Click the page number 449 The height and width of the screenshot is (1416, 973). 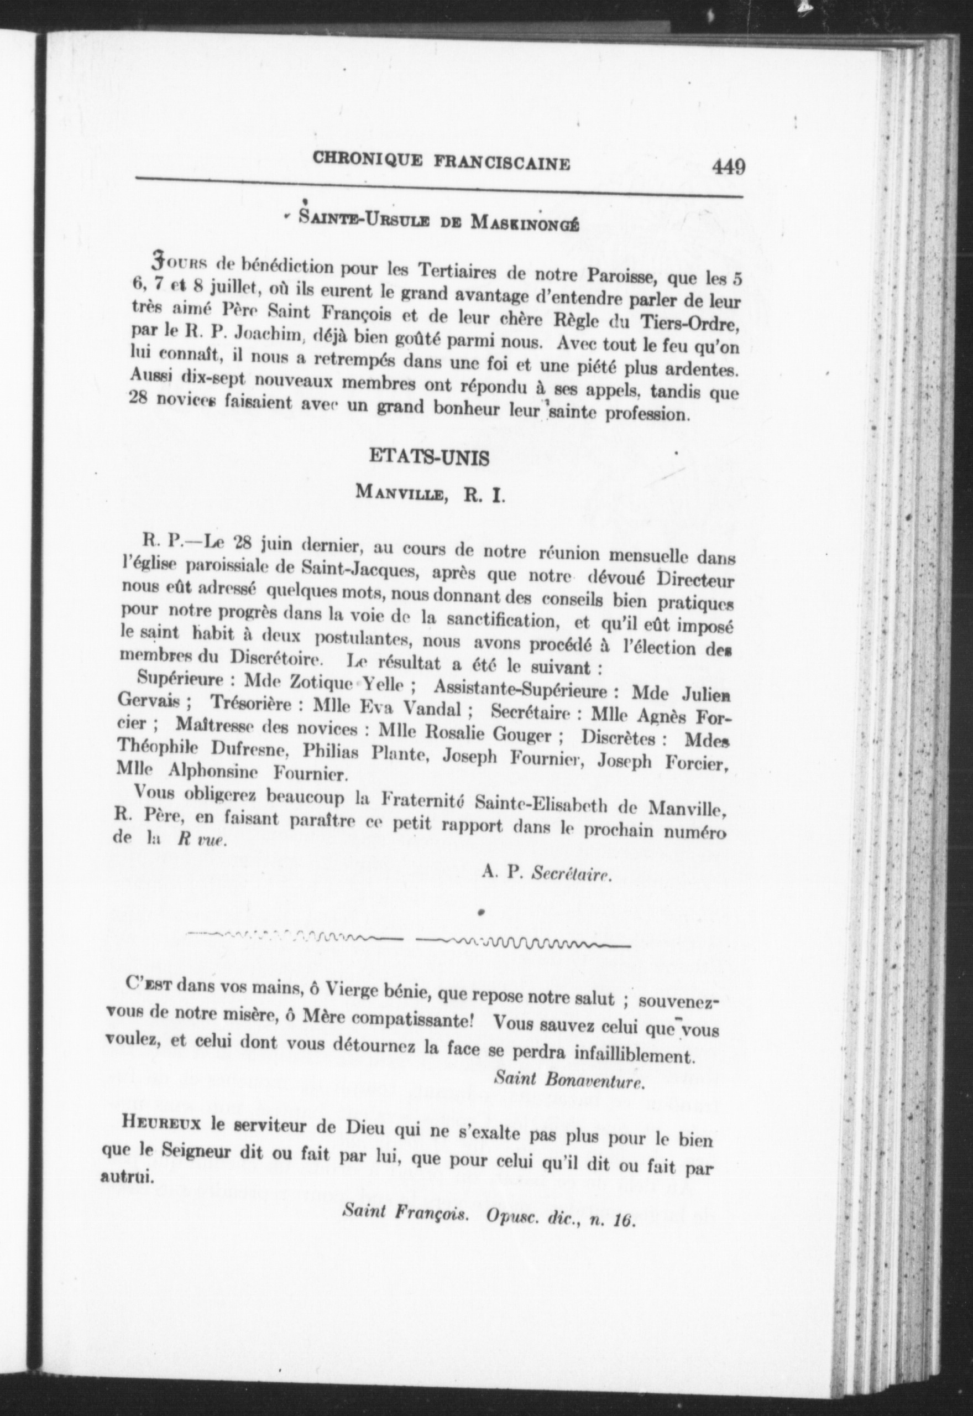728,166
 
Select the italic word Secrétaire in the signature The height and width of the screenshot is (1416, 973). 571,873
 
